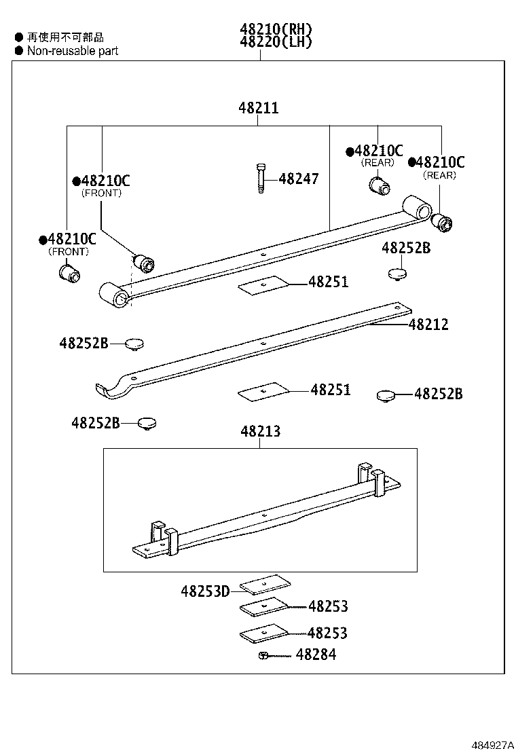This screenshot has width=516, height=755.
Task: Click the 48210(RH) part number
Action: (x=275, y=29)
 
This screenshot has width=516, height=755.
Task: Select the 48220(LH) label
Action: (x=275, y=42)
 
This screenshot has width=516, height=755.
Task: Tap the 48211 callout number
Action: (x=258, y=108)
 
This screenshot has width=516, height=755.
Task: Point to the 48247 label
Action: (x=298, y=179)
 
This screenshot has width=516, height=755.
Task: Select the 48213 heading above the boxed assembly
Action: (x=260, y=432)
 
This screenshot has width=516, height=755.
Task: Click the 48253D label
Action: (x=205, y=591)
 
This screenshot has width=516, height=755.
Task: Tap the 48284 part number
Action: (x=316, y=655)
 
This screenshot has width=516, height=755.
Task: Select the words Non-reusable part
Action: (x=73, y=51)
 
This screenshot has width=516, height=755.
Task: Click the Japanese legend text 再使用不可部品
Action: (x=65, y=38)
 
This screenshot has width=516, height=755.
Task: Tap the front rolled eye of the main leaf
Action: (x=113, y=297)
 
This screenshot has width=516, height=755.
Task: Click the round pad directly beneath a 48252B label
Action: (x=397, y=274)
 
